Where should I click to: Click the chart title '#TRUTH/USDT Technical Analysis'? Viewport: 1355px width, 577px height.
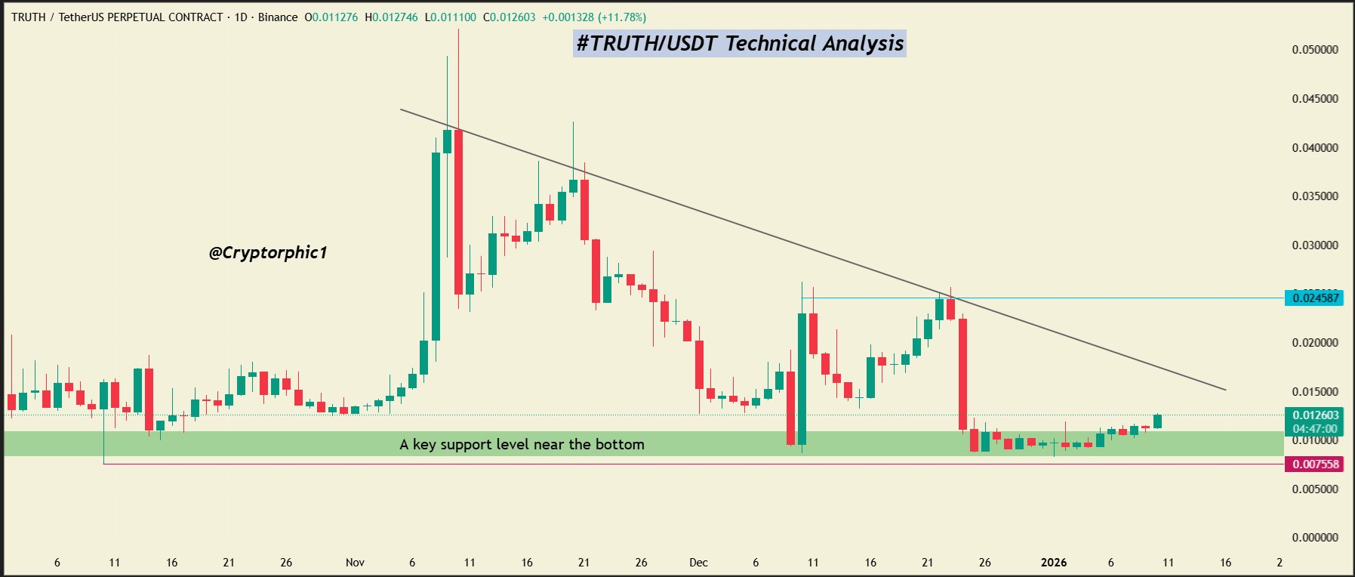[739, 43]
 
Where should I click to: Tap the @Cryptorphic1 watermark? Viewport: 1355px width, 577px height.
[268, 252]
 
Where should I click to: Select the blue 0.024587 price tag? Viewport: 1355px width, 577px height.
[1315, 298]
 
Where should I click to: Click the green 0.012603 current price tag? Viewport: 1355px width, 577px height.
[1315, 415]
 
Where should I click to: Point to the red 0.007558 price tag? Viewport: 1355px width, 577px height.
[1315, 464]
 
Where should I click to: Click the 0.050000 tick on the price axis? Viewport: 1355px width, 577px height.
[1314, 50]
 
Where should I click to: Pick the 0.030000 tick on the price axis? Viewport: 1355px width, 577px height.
[1314, 245]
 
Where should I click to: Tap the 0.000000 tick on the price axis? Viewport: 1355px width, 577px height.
[1314, 538]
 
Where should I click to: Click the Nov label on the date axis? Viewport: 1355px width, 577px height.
[355, 563]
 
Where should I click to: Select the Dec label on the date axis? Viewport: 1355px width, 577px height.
[698, 563]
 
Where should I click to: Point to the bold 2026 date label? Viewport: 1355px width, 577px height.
[1053, 563]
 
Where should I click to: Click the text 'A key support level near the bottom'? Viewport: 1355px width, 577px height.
[522, 444]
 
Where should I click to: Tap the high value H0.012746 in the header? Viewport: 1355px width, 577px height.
[391, 17]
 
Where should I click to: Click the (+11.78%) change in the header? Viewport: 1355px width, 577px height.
[622, 17]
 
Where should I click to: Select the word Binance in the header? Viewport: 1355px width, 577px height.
[278, 17]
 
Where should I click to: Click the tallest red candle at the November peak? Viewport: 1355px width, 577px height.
[458, 211]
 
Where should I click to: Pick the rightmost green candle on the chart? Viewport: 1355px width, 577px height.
[1157, 421]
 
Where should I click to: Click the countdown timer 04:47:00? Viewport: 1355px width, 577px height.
[1315, 429]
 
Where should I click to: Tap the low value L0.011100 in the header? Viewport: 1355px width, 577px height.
[450, 17]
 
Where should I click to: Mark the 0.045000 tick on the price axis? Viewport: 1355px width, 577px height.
[1314, 99]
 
